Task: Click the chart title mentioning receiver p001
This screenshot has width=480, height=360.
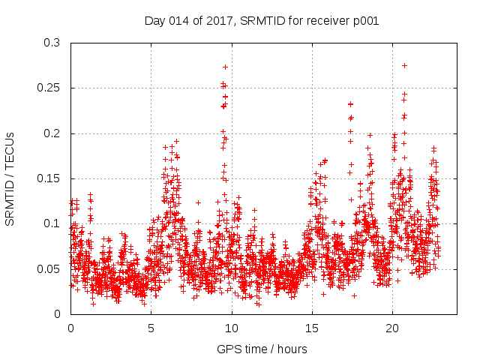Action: [261, 20]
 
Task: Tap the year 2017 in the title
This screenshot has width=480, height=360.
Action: [219, 20]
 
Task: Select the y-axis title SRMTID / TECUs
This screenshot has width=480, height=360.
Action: [10, 178]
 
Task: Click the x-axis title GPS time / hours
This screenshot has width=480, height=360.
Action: [262, 349]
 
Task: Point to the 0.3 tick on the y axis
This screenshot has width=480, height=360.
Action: [51, 43]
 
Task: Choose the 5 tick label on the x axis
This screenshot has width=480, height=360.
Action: [151, 328]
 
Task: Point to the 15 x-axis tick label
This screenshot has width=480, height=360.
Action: [311, 328]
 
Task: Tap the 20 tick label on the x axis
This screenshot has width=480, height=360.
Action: [391, 328]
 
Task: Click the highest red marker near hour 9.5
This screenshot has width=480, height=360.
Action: [225, 67]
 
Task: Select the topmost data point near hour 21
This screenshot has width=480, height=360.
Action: [404, 65]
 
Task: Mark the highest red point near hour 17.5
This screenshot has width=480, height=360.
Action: [350, 104]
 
